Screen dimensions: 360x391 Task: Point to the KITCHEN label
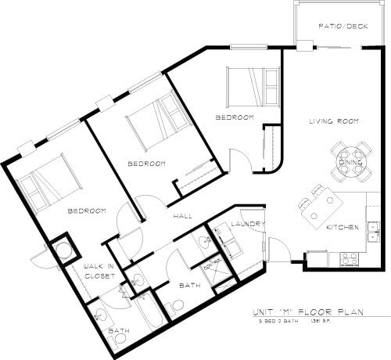pos(343,228)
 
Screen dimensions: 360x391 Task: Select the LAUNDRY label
pos(249,225)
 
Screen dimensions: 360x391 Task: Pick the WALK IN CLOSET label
pos(100,272)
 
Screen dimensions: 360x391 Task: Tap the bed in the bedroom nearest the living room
pos(251,85)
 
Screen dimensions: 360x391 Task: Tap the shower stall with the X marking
pos(213,268)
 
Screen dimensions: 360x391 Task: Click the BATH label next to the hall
pos(190,286)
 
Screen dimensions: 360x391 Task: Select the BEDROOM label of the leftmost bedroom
pos(86,211)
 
